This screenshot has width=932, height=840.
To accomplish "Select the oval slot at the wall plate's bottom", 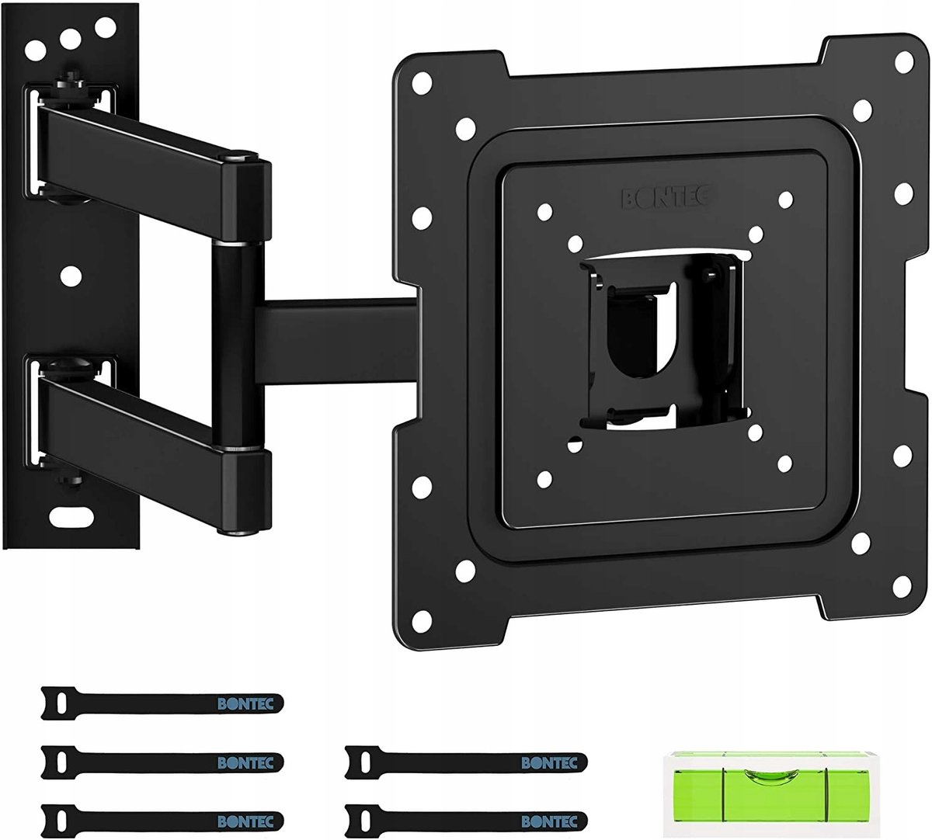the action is click(71, 516).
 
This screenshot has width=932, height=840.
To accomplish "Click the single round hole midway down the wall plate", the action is click(71, 276).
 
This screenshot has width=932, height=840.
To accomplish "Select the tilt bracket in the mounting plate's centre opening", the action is click(664, 342).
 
